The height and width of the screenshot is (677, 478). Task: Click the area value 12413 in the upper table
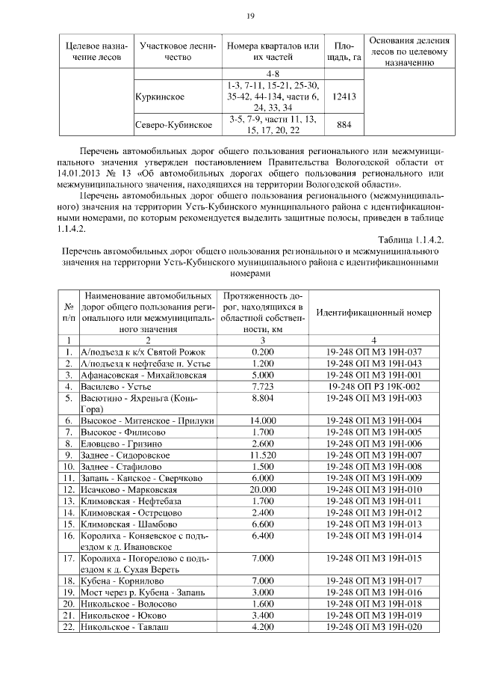click(x=345, y=97)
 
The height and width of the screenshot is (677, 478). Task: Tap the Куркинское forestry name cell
click(x=161, y=97)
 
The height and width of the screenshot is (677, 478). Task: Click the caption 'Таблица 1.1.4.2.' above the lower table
click(x=409, y=239)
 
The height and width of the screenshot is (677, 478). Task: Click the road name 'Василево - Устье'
click(x=116, y=387)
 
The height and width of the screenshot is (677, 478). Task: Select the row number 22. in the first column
click(x=69, y=626)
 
